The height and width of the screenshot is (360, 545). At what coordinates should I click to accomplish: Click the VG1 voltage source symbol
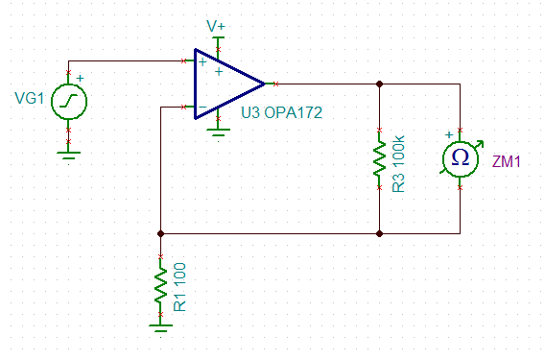click(69, 101)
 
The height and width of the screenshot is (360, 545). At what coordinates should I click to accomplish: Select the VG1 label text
click(30, 99)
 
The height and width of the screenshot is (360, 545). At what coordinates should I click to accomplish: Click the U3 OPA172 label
click(281, 112)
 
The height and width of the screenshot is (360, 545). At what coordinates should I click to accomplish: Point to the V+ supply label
click(216, 26)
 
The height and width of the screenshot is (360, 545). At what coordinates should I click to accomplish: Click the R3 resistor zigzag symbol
click(380, 159)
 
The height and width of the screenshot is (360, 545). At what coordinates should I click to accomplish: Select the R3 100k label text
click(398, 163)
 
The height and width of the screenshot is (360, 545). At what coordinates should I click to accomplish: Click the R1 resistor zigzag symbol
click(160, 285)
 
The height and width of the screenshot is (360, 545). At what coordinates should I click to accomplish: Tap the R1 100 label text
click(179, 287)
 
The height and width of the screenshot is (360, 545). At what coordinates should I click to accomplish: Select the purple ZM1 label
click(507, 161)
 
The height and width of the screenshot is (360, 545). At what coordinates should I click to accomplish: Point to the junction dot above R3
click(380, 84)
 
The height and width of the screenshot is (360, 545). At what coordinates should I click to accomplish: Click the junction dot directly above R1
click(160, 233)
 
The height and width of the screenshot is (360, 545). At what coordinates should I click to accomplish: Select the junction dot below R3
click(380, 233)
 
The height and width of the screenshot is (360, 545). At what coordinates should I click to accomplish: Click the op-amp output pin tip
click(275, 84)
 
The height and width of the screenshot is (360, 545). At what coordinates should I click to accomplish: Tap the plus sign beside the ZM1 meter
click(449, 134)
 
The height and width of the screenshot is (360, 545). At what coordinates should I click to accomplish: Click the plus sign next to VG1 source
click(80, 78)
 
